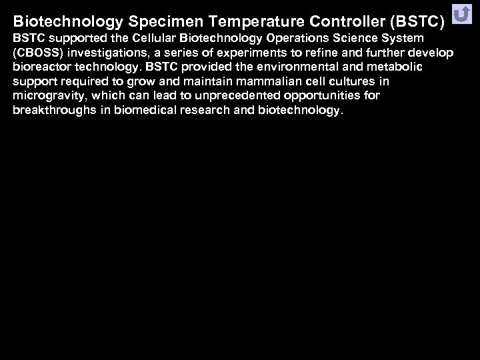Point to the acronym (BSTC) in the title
[x=420, y=21]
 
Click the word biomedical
[x=137, y=111]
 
